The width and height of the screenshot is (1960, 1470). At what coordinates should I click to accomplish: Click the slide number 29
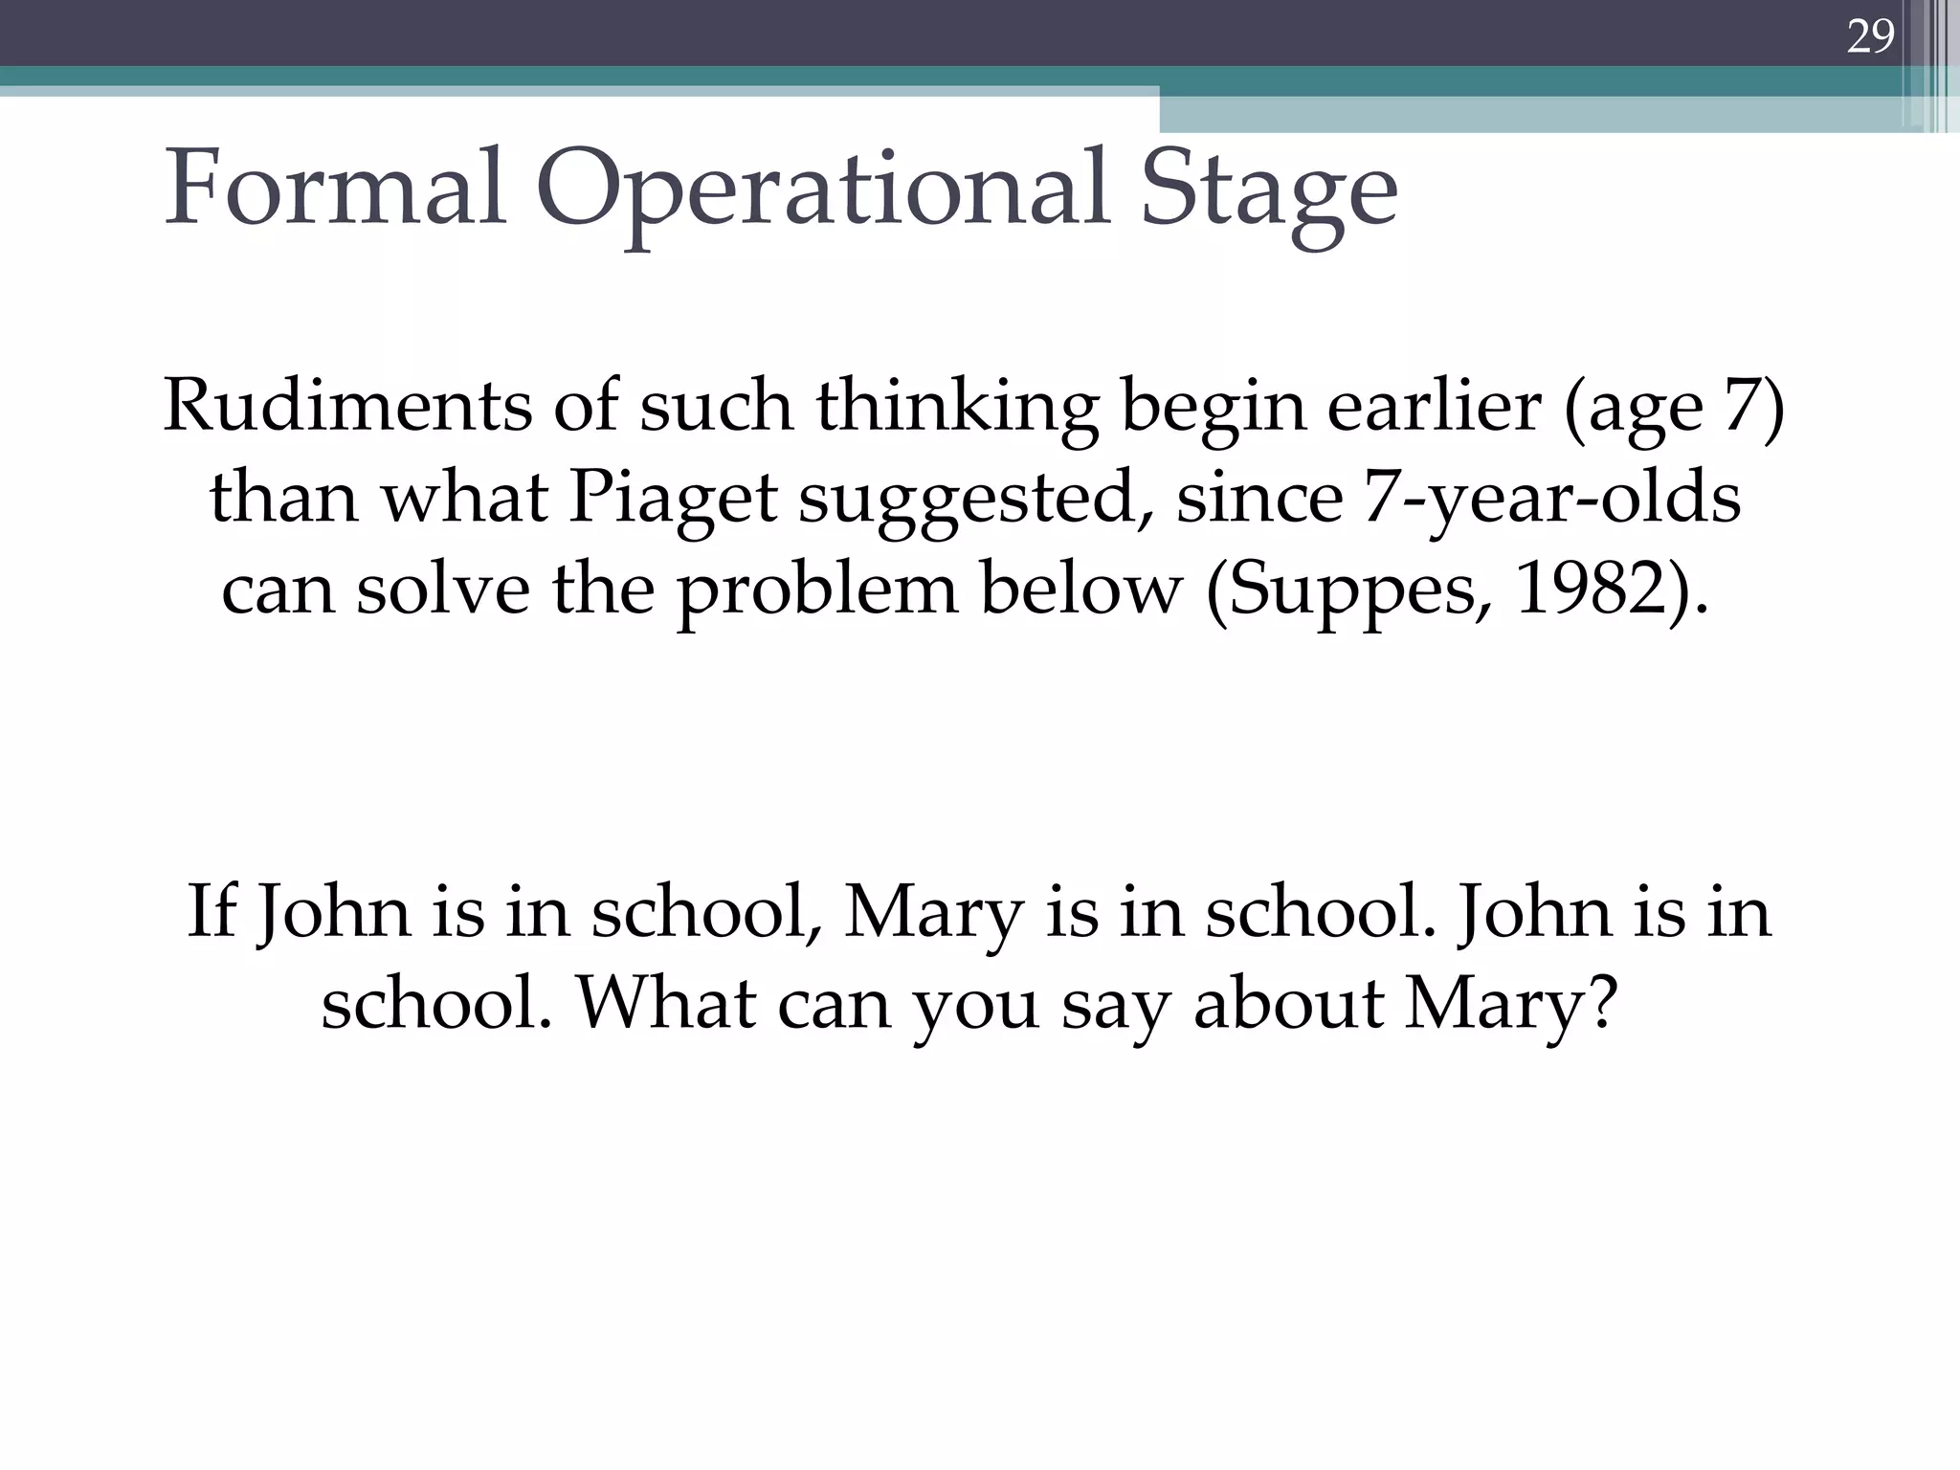(1869, 36)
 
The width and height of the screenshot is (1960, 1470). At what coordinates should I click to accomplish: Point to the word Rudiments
(346, 405)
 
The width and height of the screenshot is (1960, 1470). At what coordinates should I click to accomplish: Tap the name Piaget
(672, 500)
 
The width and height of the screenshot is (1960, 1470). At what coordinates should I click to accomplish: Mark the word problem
(817, 591)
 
